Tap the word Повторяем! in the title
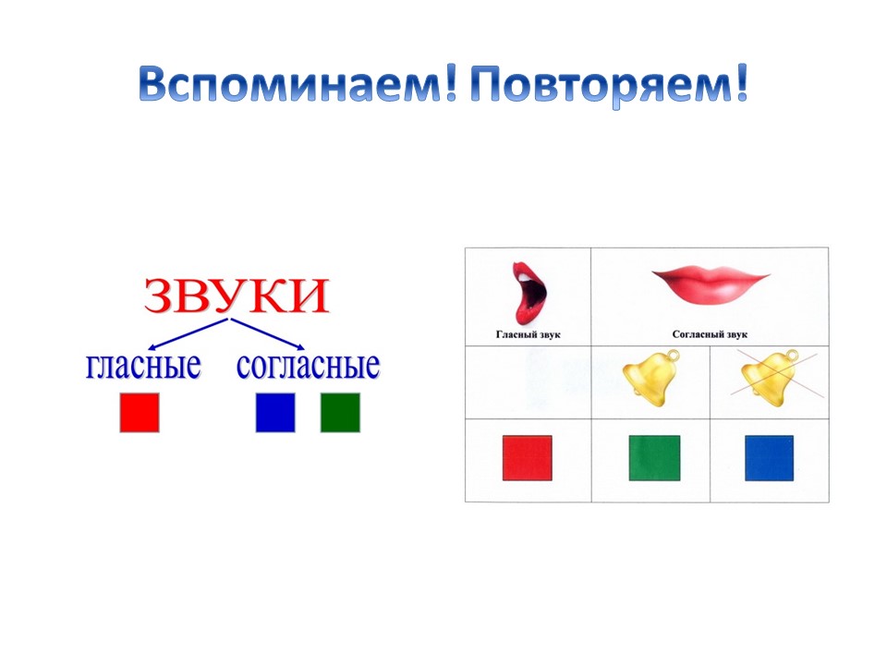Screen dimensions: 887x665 (x=610, y=86)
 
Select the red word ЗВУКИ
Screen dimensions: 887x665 (x=237, y=296)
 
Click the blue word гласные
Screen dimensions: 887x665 (x=143, y=366)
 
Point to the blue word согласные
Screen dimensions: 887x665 (x=308, y=366)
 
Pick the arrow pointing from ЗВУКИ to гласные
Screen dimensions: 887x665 (x=188, y=333)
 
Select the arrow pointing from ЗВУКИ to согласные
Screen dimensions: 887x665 (x=268, y=333)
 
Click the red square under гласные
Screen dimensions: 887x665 (x=140, y=413)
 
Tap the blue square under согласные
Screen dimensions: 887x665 (x=275, y=413)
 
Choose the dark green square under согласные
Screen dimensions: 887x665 (x=340, y=413)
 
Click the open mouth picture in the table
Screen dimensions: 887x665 (x=529, y=293)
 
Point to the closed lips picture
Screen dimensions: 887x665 (x=711, y=285)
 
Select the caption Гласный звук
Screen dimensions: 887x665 (x=528, y=334)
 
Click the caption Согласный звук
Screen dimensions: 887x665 (x=710, y=334)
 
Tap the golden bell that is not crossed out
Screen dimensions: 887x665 (x=651, y=377)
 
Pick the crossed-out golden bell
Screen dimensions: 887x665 (x=771, y=377)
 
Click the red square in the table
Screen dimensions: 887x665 (x=528, y=458)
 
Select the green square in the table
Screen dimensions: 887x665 (x=654, y=458)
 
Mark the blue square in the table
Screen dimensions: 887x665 (x=770, y=458)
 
